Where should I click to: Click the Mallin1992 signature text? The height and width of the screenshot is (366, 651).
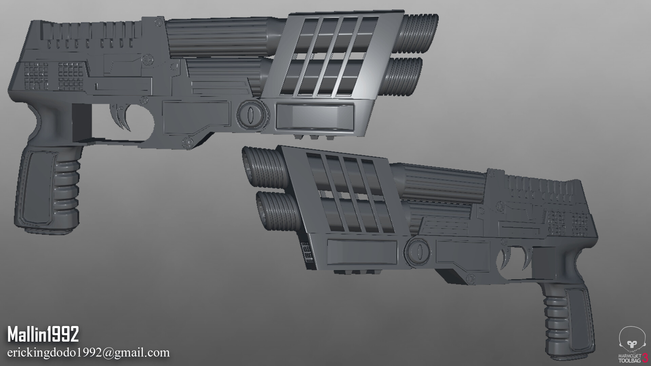43,335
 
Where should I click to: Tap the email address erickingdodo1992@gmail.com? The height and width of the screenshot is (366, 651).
88,352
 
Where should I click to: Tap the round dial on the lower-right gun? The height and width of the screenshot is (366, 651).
419,251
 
